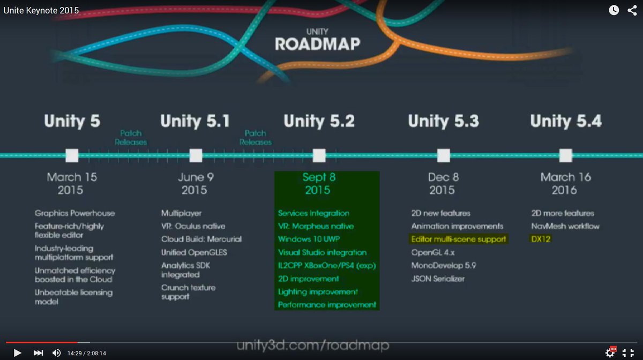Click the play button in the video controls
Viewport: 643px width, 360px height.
tap(17, 352)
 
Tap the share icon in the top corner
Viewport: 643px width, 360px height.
tap(632, 10)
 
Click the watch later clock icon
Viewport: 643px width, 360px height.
tap(614, 10)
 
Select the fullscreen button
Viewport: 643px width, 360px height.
tap(628, 352)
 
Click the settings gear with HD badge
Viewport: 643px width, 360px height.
tap(610, 352)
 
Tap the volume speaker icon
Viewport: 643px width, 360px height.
tap(56, 352)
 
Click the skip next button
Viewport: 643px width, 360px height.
tap(38, 352)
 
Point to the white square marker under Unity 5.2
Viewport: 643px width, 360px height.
tap(319, 155)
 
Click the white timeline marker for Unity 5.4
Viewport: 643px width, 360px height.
tap(566, 155)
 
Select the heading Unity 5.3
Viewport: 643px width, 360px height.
tap(443, 121)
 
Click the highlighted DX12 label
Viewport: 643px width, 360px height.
tap(541, 239)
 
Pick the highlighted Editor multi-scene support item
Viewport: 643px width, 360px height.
tap(459, 239)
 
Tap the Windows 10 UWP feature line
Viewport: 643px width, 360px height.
tap(309, 239)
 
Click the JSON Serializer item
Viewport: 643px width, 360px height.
tap(438, 279)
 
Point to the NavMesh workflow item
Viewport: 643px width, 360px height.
tap(565, 226)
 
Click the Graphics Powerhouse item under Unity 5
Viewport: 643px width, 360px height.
tap(75, 213)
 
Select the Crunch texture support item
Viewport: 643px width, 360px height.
tap(188, 292)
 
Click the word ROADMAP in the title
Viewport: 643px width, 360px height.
tap(318, 44)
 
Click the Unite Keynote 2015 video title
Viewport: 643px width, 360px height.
tap(41, 10)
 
